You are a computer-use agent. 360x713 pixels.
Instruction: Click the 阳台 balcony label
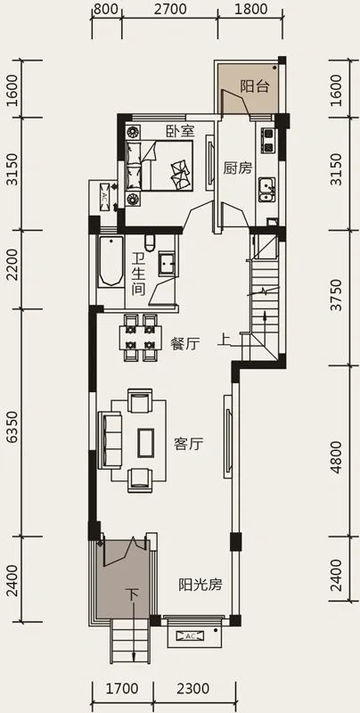pyautogui.click(x=255, y=86)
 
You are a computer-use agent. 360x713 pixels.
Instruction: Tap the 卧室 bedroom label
pyautogui.click(x=180, y=131)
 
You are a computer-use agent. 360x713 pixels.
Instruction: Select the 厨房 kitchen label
pyautogui.click(x=237, y=168)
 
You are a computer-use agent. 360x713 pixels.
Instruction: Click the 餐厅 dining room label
pyautogui.click(x=185, y=344)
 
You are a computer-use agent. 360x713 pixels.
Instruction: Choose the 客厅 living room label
pyautogui.click(x=188, y=444)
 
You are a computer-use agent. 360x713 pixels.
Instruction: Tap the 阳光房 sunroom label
pyautogui.click(x=200, y=585)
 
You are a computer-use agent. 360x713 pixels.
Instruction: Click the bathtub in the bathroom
pyautogui.click(x=110, y=261)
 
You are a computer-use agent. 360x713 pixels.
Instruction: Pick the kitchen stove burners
pyautogui.click(x=268, y=141)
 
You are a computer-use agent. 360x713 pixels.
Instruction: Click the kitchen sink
pyautogui.click(x=266, y=190)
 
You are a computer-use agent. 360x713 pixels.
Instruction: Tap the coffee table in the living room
pyautogui.click(x=146, y=442)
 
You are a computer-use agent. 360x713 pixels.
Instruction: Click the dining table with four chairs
pyautogui.click(x=141, y=338)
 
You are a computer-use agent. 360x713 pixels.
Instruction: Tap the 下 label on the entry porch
pyautogui.click(x=132, y=594)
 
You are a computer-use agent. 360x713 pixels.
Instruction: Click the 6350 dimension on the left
pyautogui.click(x=13, y=426)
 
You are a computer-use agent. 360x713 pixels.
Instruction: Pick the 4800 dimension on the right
pyautogui.click(x=335, y=457)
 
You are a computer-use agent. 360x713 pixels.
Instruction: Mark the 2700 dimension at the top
pyautogui.click(x=170, y=9)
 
